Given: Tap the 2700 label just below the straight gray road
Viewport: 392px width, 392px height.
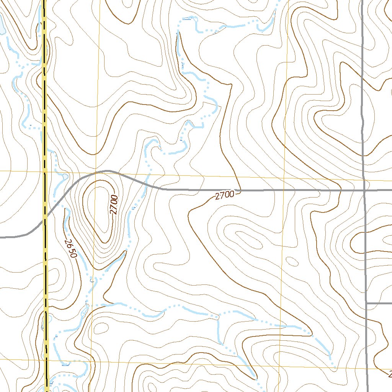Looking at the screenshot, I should (224, 196).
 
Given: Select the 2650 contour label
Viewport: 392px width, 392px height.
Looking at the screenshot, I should (71, 248).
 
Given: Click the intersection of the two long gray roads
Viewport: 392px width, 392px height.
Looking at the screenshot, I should (364, 189).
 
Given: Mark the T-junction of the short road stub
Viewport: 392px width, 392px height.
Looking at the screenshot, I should (366, 303).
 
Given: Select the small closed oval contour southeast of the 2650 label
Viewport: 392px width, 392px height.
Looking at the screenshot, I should (101, 328).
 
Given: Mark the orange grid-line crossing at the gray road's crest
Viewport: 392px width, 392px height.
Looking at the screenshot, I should (97, 172).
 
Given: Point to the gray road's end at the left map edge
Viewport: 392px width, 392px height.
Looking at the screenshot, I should (1, 237).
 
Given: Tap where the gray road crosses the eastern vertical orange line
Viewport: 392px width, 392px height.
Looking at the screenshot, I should (284, 190).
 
